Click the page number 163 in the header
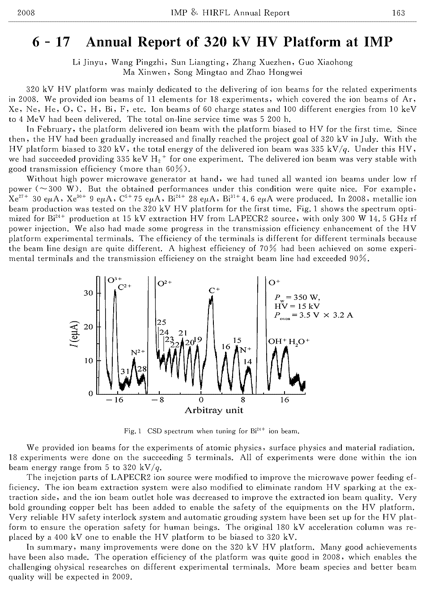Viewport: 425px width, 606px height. click(398, 13)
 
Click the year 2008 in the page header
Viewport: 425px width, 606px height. click(25, 13)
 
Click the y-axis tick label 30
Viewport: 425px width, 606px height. click(89, 293)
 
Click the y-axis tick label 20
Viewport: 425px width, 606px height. click(89, 327)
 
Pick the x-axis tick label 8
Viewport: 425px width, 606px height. click(243, 400)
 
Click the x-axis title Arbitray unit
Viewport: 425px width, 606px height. click(214, 410)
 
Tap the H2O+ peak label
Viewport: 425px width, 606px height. click(299, 342)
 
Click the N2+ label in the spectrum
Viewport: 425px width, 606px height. click(138, 352)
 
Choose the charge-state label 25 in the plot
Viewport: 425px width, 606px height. click(161, 322)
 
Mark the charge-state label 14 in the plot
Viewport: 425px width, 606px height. click(247, 361)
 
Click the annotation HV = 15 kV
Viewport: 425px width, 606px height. click(297, 306)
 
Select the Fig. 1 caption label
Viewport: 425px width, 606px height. click(133, 431)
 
